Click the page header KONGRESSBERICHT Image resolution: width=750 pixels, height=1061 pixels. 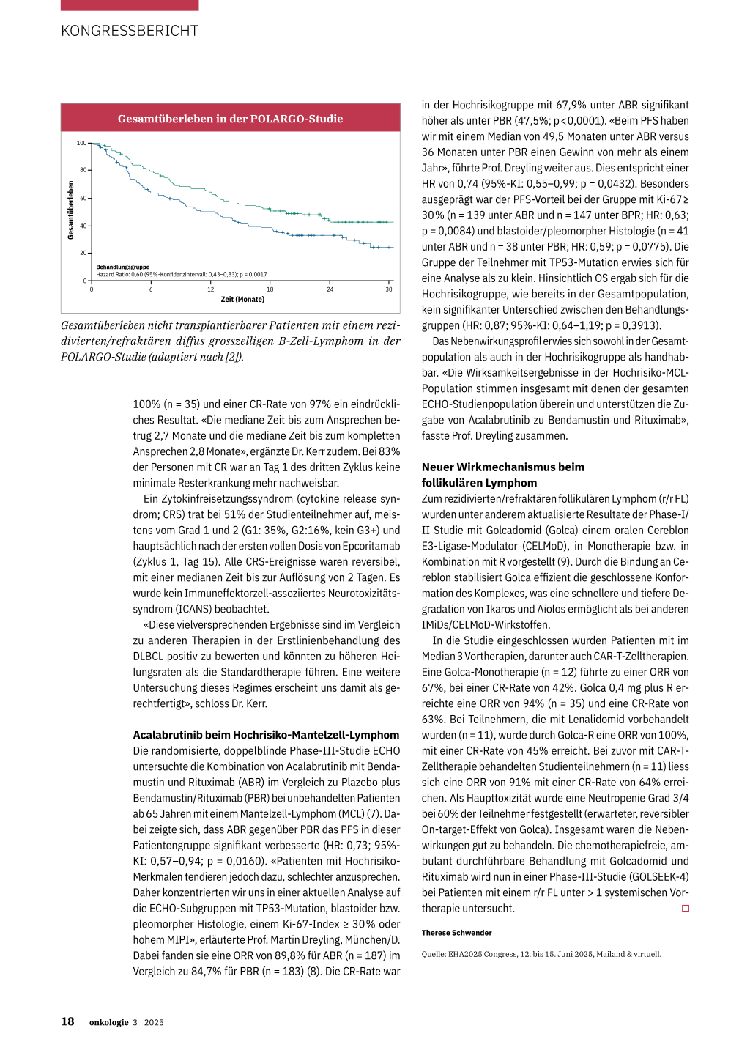click(x=130, y=31)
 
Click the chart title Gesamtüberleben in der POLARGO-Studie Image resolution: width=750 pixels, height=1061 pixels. click(x=230, y=119)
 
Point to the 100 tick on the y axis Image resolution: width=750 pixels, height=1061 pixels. click(x=81, y=143)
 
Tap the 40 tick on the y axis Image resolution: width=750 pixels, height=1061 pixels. click(x=83, y=226)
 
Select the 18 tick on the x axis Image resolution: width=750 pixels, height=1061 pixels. click(x=270, y=289)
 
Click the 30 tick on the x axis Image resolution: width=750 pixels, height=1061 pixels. click(x=389, y=289)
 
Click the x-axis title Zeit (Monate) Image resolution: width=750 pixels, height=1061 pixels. click(x=242, y=299)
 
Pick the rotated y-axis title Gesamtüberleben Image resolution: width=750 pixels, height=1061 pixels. click(x=71, y=210)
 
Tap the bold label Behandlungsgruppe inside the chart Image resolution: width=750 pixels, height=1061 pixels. click(x=122, y=267)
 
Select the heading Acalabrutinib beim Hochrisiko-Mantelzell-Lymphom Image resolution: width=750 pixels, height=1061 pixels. click(x=266, y=735)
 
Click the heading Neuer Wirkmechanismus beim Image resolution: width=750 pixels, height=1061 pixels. click(x=502, y=467)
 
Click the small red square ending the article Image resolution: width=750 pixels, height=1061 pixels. click(x=686, y=909)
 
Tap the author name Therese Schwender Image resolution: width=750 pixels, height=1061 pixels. click(x=456, y=933)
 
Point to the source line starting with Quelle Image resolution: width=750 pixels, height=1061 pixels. click(x=541, y=954)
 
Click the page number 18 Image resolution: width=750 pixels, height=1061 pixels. click(x=67, y=1021)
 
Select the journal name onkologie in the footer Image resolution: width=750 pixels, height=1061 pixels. click(x=108, y=1022)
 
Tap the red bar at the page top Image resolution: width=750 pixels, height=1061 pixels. click(x=130, y=4)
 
